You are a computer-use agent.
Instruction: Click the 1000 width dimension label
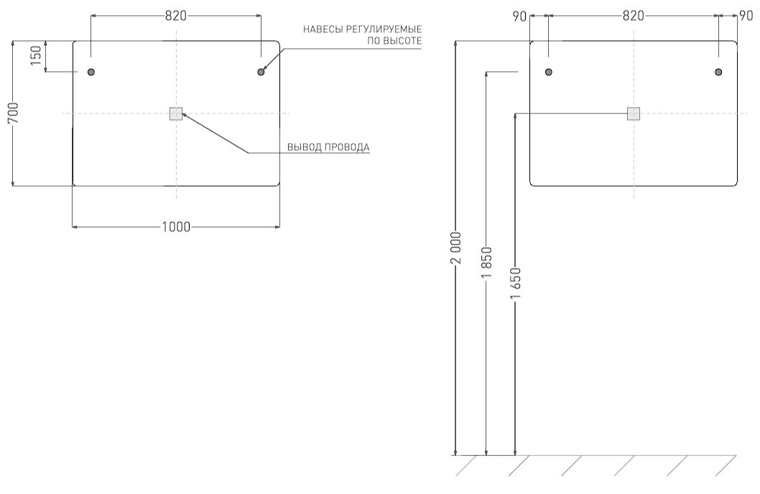[x=176, y=227]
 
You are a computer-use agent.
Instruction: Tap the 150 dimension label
[x=36, y=56]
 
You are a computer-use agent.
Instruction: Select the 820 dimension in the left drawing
[x=176, y=16]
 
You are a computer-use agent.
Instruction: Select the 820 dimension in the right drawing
[x=633, y=16]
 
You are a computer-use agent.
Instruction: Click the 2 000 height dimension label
[x=455, y=248]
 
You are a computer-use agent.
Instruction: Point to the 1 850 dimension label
[x=486, y=263]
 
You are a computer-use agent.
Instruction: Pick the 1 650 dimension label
[x=515, y=284]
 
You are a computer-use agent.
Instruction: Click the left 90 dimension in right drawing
[x=519, y=16]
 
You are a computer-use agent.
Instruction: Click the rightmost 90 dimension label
[x=746, y=16]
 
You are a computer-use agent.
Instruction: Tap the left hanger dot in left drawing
[x=91, y=73]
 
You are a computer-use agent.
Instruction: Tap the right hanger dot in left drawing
[x=261, y=73]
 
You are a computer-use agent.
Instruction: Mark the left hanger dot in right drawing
[x=549, y=73]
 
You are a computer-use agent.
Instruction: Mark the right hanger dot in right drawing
[x=718, y=73]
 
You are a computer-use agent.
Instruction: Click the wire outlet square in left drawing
[x=176, y=114]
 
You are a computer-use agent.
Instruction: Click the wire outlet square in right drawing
[x=634, y=114]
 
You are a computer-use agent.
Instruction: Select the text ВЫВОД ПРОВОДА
[x=328, y=147]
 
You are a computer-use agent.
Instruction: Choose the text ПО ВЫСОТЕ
[x=394, y=41]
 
